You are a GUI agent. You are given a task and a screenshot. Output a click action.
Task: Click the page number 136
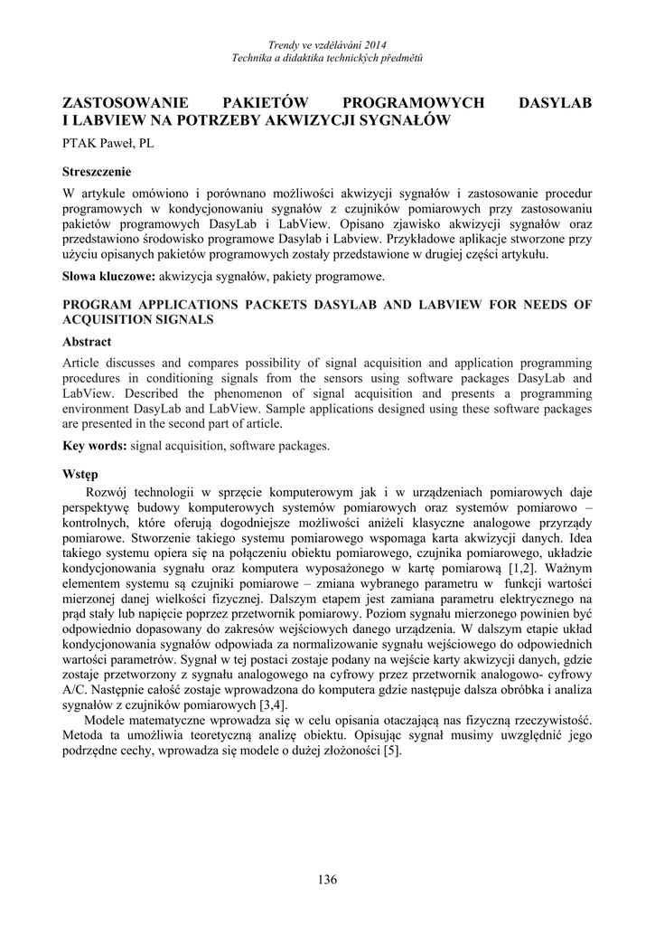pyautogui.click(x=327, y=879)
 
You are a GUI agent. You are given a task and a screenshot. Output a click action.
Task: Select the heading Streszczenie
pyautogui.click(x=97, y=172)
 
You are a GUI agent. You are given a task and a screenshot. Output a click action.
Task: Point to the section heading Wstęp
pyautogui.click(x=80, y=474)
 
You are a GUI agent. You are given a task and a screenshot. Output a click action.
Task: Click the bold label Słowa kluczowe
pyautogui.click(x=108, y=276)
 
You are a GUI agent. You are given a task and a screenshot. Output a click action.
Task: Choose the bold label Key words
pyautogui.click(x=94, y=446)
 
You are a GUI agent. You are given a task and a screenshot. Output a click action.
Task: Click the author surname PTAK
pyautogui.click(x=79, y=143)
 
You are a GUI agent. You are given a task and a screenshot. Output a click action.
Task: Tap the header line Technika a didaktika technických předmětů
pyautogui.click(x=327, y=57)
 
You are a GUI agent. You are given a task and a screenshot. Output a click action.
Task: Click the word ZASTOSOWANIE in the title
pyautogui.click(x=126, y=103)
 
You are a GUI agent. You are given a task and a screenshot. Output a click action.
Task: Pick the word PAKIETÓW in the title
pyautogui.click(x=270, y=103)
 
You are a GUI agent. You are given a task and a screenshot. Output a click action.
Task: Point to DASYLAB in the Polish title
pyautogui.click(x=556, y=103)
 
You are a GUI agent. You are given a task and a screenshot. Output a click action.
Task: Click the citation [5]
pyautogui.click(x=391, y=751)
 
